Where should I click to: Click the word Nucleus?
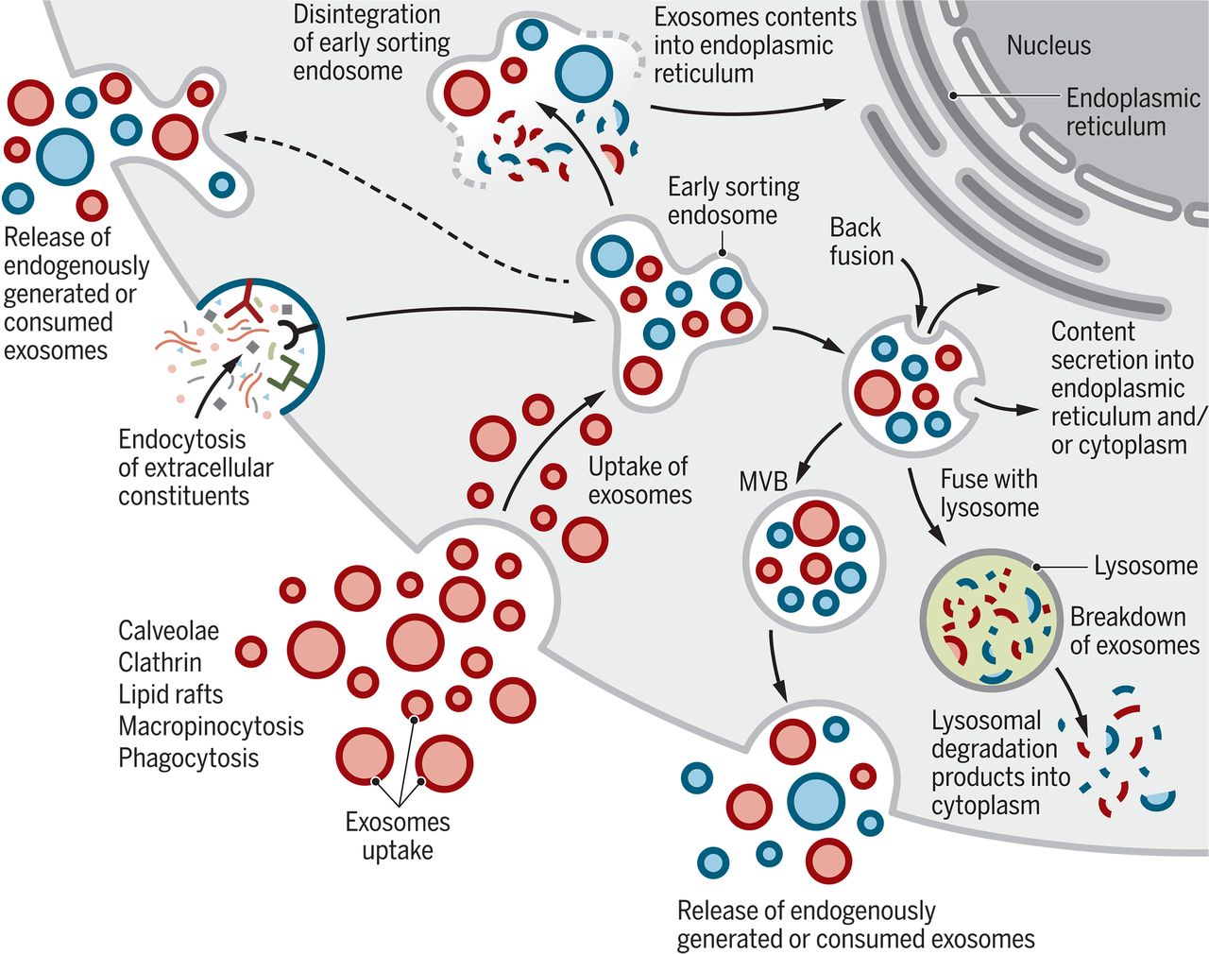[x=1047, y=45]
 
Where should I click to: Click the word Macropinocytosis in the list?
[x=211, y=725]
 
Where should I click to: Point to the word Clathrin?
[x=160, y=662]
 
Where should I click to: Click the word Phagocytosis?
[x=188, y=758]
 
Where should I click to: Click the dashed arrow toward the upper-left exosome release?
[x=397, y=208]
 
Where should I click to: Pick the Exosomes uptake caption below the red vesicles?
[x=398, y=835]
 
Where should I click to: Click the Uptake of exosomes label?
[x=639, y=480]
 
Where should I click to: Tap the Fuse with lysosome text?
[x=989, y=493]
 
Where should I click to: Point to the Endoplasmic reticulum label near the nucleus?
[x=1132, y=111]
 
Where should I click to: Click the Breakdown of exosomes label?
[x=1133, y=631]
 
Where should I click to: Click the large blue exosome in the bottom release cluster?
[x=815, y=801]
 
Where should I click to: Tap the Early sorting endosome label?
[x=733, y=200]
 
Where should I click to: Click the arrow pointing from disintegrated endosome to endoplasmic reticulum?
[x=746, y=106]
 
